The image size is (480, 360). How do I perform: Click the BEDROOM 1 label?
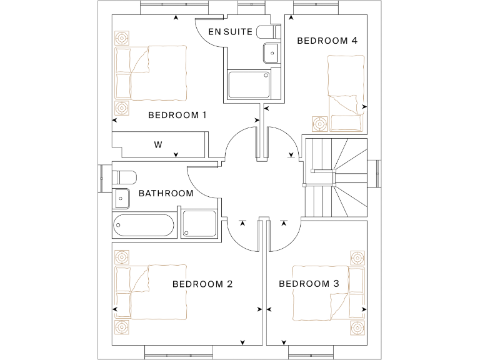coord(177,115)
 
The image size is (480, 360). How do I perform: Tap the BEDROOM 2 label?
coord(202,284)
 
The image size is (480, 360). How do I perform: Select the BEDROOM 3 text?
coord(309,284)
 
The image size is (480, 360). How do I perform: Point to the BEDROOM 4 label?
coord(327,41)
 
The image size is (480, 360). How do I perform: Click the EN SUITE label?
coord(230,31)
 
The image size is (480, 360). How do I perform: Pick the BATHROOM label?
coord(166,193)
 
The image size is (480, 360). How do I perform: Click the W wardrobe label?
coord(158,145)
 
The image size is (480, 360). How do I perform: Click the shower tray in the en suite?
coord(249,84)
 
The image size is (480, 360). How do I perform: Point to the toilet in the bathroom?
coord(123,175)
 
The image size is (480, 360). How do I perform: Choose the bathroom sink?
coord(121,197)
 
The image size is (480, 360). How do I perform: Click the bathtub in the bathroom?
coord(143,225)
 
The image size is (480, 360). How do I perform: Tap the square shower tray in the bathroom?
coord(199,224)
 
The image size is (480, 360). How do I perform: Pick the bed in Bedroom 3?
coord(322,292)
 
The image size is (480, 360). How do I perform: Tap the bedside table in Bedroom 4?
coord(320,124)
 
